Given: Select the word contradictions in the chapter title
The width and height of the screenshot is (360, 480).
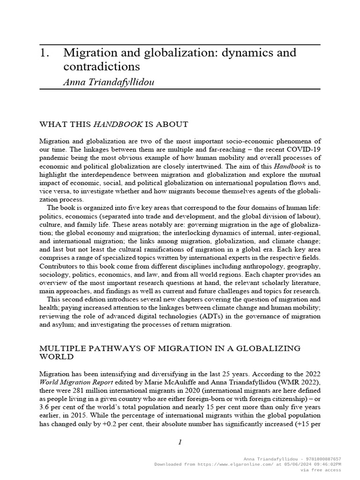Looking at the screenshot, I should tap(102, 66).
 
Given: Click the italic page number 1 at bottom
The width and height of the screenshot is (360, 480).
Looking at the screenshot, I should tap(180, 443).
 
